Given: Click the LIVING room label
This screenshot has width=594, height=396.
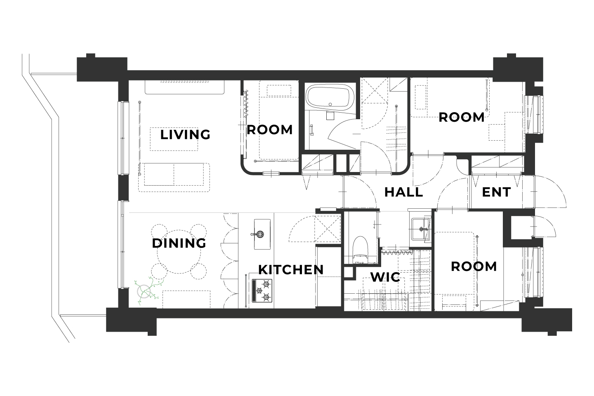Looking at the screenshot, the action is [x=185, y=134].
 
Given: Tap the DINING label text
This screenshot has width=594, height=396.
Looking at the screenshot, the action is [x=179, y=243].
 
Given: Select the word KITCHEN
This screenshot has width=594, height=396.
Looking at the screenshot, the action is [x=291, y=269].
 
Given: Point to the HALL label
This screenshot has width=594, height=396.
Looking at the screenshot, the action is [x=403, y=192].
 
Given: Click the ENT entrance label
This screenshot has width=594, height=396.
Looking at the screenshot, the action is [x=496, y=192].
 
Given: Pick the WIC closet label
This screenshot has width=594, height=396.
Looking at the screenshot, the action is [x=385, y=277].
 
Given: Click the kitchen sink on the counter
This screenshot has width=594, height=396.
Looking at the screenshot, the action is [x=262, y=234].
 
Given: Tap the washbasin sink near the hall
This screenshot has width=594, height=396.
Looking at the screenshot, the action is [x=420, y=229].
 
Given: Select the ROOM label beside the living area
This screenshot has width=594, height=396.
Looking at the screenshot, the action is [x=270, y=130].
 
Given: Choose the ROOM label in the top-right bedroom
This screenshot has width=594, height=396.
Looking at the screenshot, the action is [x=462, y=117].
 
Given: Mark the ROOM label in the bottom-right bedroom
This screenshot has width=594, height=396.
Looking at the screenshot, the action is [x=474, y=266].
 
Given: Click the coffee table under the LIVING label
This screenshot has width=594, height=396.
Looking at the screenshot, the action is [x=174, y=139].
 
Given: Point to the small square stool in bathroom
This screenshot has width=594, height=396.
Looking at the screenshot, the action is [x=330, y=115].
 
